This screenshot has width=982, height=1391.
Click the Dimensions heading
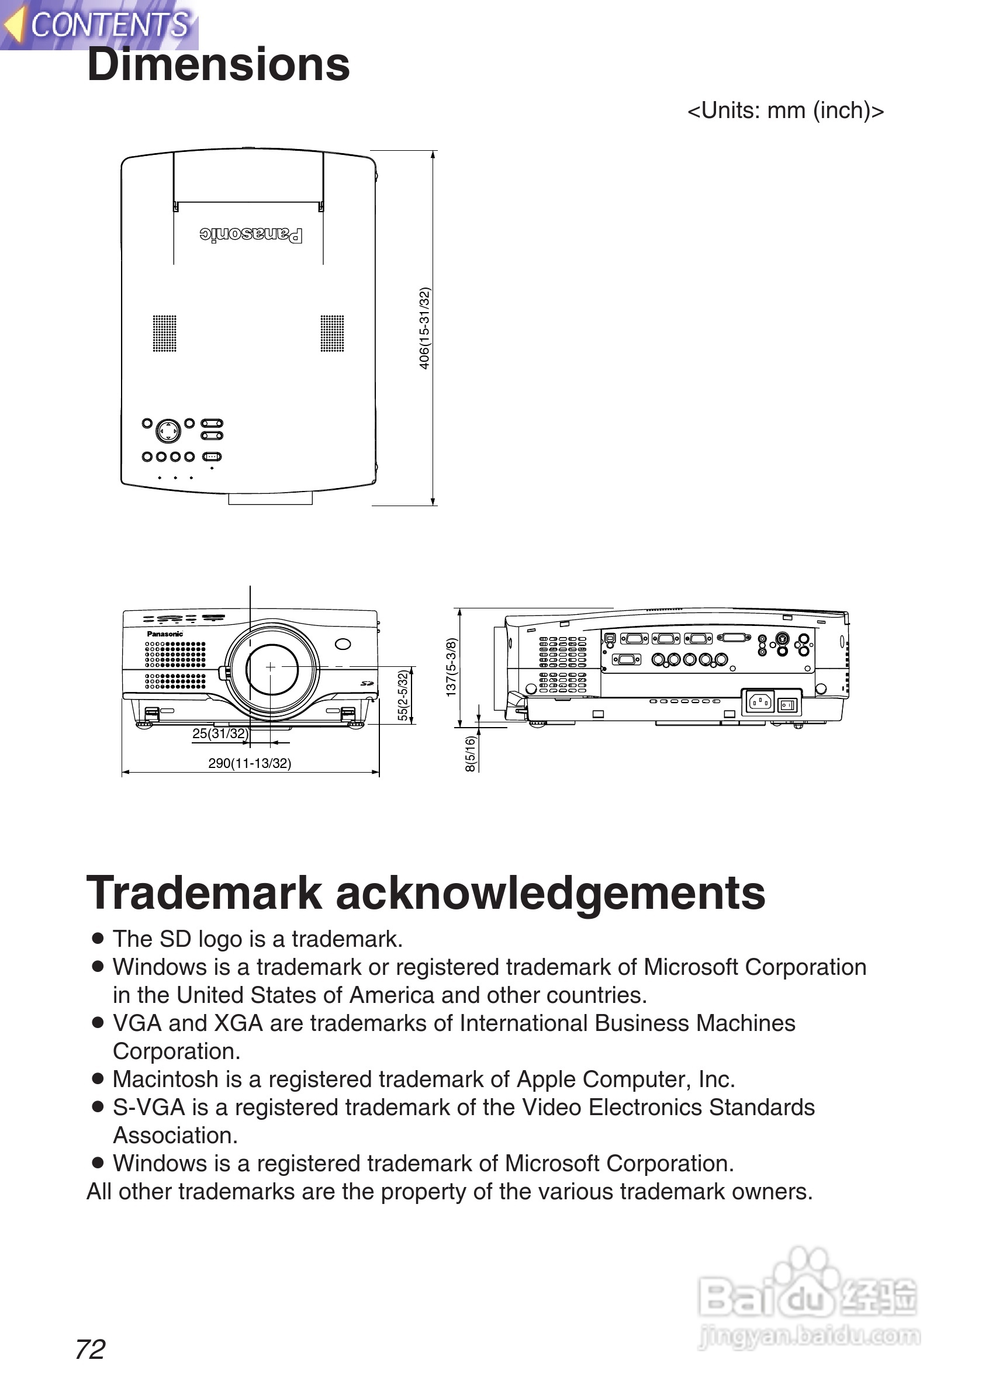point(218,65)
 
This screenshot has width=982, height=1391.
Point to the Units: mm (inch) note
point(785,111)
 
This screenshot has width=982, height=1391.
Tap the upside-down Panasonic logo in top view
point(251,234)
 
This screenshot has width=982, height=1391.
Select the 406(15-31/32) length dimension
point(425,328)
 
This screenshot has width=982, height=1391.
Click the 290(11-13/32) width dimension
point(250,763)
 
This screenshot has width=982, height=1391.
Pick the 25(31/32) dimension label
point(220,733)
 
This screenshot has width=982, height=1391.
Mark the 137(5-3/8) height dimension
point(451,666)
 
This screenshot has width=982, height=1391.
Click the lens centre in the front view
point(270,667)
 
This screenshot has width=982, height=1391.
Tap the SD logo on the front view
point(366,683)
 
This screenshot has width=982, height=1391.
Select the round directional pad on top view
point(168,431)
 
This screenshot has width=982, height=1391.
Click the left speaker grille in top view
point(164,333)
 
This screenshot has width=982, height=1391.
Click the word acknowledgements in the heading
point(550,894)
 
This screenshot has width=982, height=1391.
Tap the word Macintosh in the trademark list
point(165,1079)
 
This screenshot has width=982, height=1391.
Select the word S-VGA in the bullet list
point(148,1107)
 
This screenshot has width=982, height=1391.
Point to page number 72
point(90,1349)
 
